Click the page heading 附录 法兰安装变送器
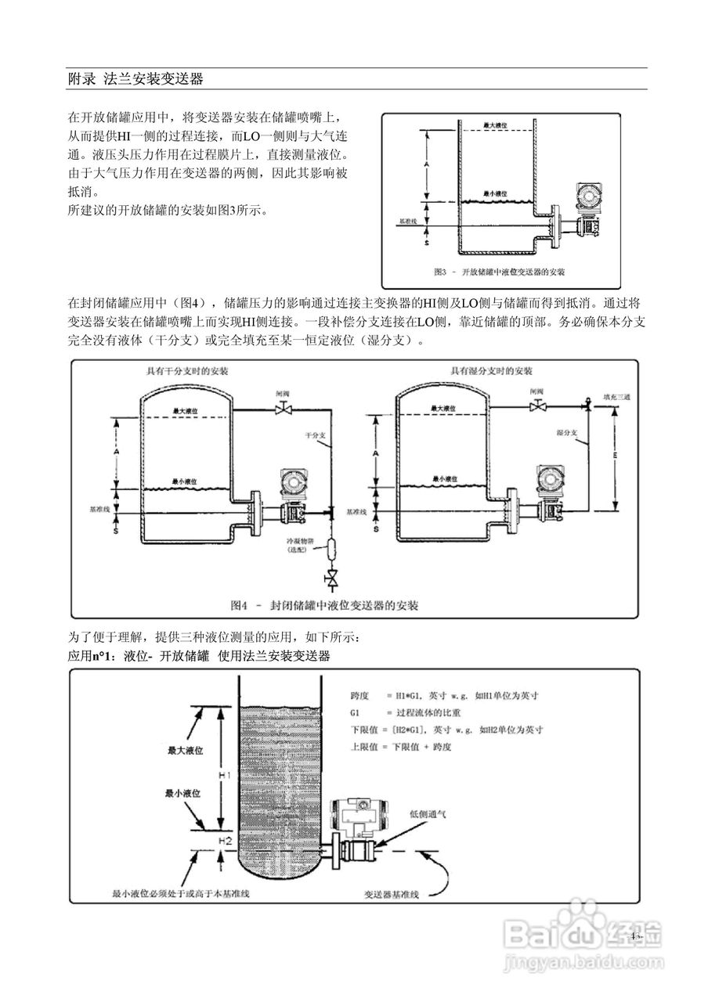[135, 79]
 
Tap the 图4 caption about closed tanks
[324, 605]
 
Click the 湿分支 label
[566, 431]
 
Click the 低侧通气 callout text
[428, 813]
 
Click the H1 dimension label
[223, 774]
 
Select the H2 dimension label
[225, 841]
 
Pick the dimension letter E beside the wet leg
[616, 454]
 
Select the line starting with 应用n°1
[199, 656]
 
